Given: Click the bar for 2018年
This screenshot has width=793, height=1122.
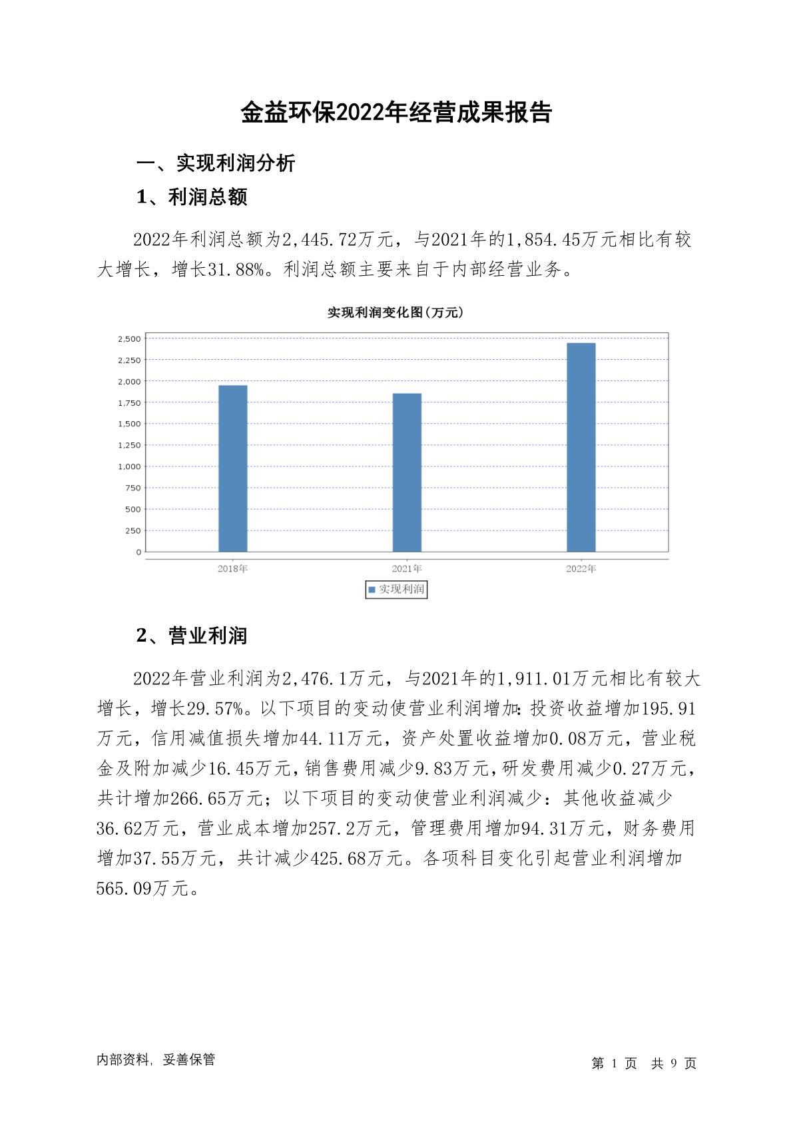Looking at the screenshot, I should [x=232, y=468].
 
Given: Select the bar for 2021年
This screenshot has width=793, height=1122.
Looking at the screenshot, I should [x=407, y=472].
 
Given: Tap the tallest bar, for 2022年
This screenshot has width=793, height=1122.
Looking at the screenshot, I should [x=581, y=447].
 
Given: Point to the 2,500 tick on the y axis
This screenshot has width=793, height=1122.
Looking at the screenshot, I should [x=129, y=339].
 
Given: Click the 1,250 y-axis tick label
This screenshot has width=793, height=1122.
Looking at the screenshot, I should [x=129, y=445].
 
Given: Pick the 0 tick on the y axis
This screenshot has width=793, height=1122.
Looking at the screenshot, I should [x=138, y=552].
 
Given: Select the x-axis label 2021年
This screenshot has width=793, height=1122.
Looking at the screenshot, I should [x=407, y=569].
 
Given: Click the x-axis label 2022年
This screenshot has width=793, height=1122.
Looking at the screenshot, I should [x=581, y=569].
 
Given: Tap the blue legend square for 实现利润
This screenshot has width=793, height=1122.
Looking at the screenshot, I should [x=372, y=590].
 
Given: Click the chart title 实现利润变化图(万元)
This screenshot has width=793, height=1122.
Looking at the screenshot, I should [x=396, y=312].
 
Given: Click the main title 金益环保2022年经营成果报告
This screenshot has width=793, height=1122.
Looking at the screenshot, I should [x=396, y=113].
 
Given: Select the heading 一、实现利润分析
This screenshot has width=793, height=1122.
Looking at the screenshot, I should [x=216, y=163].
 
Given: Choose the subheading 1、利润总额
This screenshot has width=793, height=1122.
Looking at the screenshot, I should [x=192, y=197].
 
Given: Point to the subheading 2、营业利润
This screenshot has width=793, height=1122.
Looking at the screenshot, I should [x=192, y=636].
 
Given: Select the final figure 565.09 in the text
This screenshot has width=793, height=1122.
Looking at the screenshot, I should [x=124, y=889].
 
